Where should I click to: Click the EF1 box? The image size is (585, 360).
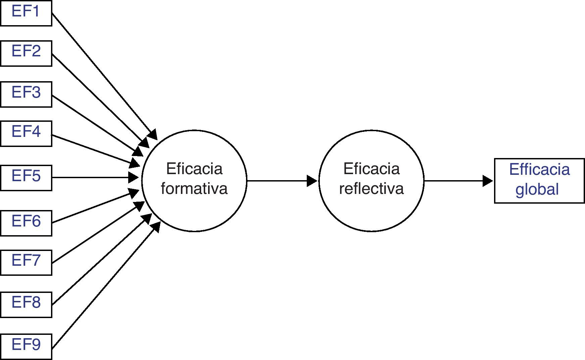coord(26,13)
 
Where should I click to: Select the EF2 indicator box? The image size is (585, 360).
coord(26,53)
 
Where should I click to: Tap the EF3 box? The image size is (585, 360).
coord(26,94)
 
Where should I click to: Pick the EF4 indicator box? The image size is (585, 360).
coord(26,134)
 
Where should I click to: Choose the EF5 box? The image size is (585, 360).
coord(26,178)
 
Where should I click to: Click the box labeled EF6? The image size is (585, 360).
coord(26,223)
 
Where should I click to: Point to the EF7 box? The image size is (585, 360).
coord(26,262)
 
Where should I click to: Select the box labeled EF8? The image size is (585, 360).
coord(26,305)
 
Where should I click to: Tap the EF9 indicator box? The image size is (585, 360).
coord(26,347)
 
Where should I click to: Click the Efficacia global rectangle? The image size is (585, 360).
coord(539,181)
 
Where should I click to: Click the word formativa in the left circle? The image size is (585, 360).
coord(194,189)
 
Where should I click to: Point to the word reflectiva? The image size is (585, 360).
coord(371,189)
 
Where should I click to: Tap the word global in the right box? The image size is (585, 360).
coord(537,190)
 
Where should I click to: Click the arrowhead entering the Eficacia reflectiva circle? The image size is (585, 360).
coord(312,181)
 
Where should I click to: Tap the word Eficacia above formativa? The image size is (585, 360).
coord(194,169)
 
